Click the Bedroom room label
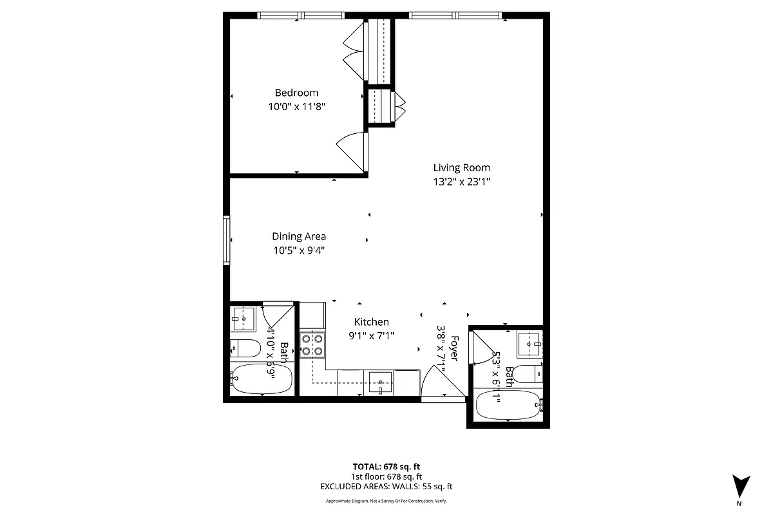click(x=296, y=93)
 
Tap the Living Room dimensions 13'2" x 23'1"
click(x=461, y=182)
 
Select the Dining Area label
click(x=298, y=236)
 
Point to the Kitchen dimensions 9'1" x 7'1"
click(x=371, y=335)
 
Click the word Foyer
click(x=455, y=348)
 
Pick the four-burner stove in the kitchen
click(x=312, y=345)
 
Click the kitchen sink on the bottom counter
click(x=381, y=382)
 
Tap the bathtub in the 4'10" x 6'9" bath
click(x=261, y=379)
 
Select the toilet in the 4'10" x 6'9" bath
click(x=243, y=348)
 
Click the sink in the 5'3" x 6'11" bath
click(x=530, y=343)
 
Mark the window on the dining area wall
click(x=227, y=239)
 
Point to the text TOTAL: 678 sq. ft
click(x=386, y=467)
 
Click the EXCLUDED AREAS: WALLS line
click(x=386, y=487)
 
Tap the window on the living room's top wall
click(x=455, y=15)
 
